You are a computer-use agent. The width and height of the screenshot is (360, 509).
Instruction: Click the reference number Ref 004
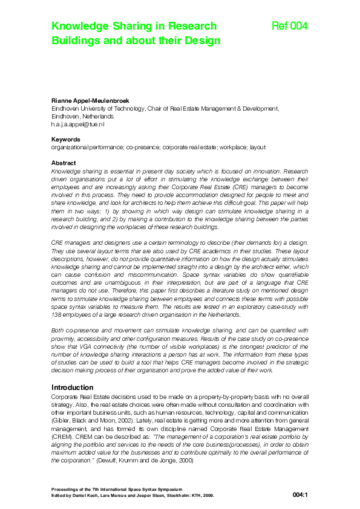pyautogui.click(x=290, y=26)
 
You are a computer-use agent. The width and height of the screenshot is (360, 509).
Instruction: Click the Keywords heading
pyautogui.click(x=66, y=139)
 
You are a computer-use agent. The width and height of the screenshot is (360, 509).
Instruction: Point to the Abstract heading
pyautogui.click(x=64, y=163)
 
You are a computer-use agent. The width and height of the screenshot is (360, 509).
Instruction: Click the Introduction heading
pyautogui.click(x=73, y=387)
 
